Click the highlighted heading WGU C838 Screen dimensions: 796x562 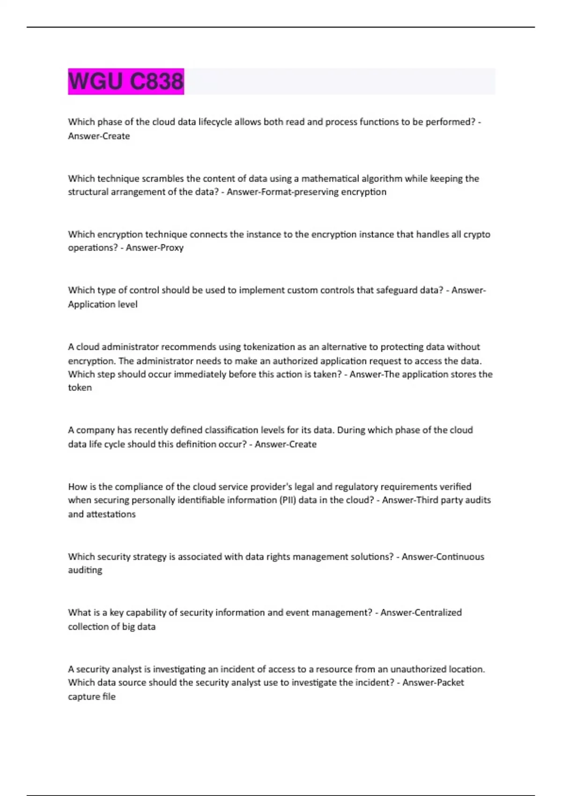126,81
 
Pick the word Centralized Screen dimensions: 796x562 439,612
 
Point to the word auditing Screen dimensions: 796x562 85,570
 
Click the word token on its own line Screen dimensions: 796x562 80,388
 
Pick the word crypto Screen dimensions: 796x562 477,234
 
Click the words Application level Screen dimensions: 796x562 103,304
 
